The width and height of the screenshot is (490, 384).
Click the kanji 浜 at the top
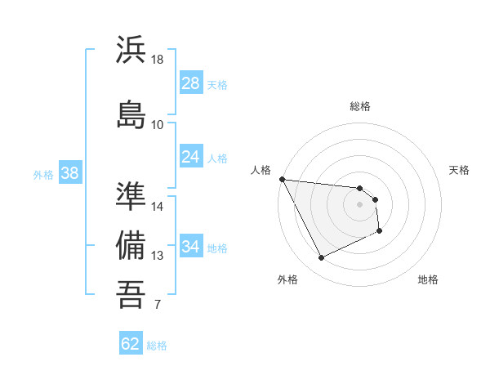[131, 51]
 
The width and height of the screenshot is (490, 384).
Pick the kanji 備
[131, 245]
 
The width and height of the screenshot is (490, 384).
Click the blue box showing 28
[190, 83]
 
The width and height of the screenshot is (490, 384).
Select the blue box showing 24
[190, 157]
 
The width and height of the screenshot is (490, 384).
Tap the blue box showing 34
[190, 247]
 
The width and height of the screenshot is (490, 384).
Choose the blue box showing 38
[69, 173]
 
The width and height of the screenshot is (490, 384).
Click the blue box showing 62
[131, 344]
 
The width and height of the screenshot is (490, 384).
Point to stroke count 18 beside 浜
[158, 60]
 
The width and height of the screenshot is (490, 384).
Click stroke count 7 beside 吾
[158, 306]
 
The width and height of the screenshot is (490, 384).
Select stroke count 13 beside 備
[158, 256]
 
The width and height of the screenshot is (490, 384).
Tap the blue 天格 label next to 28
[217, 84]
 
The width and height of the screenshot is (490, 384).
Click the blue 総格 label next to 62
[157, 345]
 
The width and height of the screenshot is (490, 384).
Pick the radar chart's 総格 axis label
[359, 106]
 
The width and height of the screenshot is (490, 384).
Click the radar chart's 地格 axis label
[428, 279]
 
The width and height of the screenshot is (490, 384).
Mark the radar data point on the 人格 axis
[282, 179]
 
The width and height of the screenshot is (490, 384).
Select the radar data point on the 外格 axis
[321, 258]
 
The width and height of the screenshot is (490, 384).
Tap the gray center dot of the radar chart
[359, 204]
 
